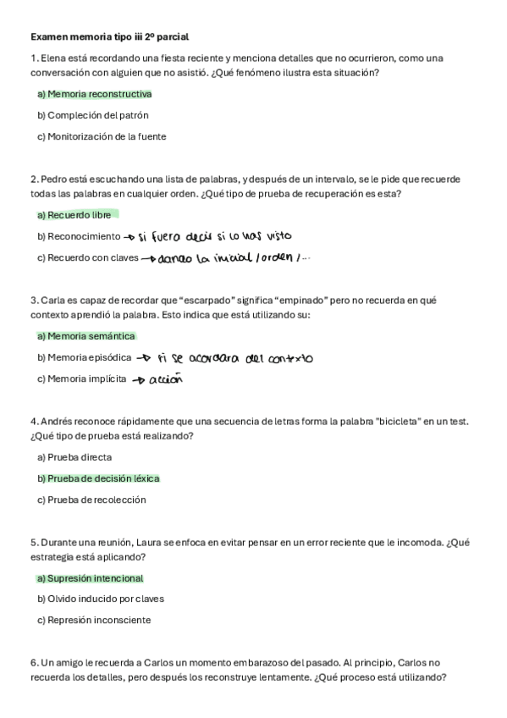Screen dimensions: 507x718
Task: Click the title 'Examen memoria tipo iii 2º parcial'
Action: (109, 37)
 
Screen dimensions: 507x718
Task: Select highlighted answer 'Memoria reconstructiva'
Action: (95, 94)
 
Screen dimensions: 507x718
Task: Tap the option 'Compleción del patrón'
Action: (93, 115)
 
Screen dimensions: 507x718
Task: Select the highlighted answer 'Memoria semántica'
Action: (86, 336)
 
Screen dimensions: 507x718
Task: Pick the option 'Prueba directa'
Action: (74, 457)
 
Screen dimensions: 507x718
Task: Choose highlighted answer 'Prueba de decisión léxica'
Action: (98, 478)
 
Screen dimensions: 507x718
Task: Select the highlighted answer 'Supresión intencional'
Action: (91, 578)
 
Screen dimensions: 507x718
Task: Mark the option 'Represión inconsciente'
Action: (94, 620)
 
